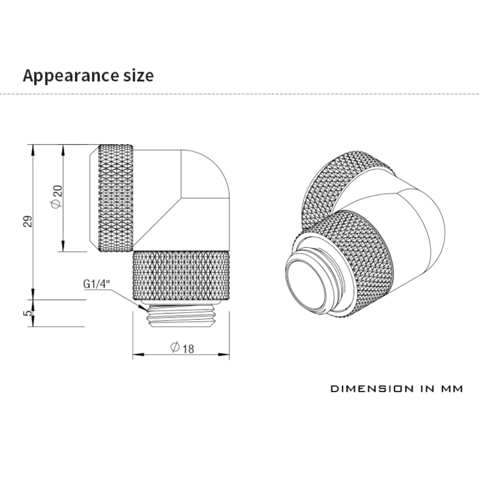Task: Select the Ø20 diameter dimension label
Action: tap(56, 197)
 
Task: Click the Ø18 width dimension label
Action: tap(182, 348)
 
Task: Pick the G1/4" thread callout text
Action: tap(96, 283)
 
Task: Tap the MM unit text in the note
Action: tap(451, 388)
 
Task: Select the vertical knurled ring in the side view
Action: tap(115, 198)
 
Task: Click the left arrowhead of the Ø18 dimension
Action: tap(136, 355)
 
